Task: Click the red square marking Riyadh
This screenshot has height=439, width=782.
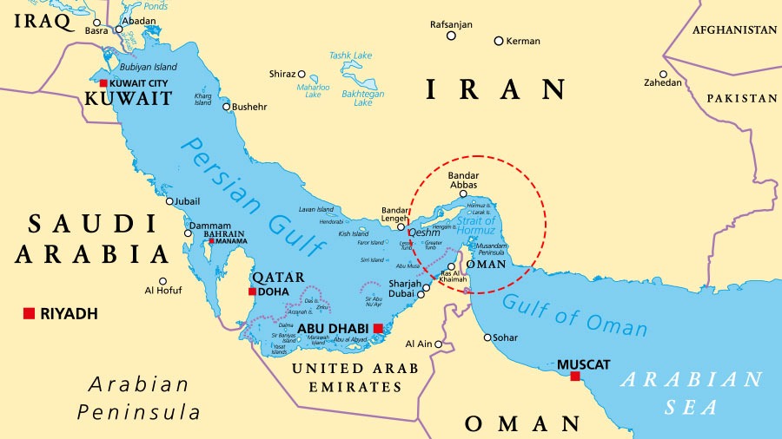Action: (29, 313)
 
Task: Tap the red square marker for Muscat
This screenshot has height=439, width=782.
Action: (574, 377)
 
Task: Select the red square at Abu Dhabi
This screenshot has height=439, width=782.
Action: (378, 328)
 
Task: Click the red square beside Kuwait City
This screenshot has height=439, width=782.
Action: (103, 83)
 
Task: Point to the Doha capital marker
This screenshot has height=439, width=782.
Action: (252, 292)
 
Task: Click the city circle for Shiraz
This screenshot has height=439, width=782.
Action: (302, 75)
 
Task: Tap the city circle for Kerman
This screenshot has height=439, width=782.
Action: (499, 41)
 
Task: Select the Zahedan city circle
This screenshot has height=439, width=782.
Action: (664, 75)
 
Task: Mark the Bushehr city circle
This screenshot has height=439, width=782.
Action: (227, 108)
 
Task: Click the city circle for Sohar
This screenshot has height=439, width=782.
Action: (487, 337)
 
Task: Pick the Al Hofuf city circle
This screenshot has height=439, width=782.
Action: (162, 281)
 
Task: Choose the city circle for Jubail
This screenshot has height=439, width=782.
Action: (170, 201)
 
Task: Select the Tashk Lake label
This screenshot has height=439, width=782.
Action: (350, 56)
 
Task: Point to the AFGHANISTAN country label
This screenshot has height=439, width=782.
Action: (734, 29)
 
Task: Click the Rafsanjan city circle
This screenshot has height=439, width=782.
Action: (451, 36)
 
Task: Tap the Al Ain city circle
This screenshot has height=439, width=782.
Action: (439, 344)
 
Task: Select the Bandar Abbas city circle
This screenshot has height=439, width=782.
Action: (463, 194)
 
